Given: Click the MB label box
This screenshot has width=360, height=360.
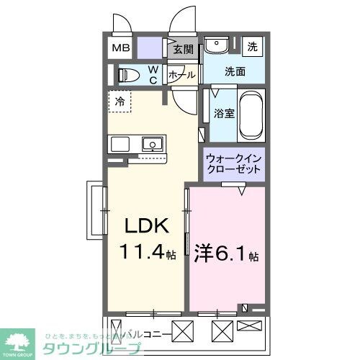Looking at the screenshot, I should pos(120,49).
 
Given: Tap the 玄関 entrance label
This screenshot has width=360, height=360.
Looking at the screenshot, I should pos(184,50).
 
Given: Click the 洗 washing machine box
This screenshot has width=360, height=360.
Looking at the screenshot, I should pos(253,46).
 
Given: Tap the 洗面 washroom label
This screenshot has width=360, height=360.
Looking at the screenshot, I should pos(235,72).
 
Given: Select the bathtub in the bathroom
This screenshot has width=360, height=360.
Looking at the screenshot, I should pos(251,115).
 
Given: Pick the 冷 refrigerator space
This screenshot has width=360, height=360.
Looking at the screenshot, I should pos(121,102).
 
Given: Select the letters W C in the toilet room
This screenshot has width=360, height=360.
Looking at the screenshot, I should pos(153,74).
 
